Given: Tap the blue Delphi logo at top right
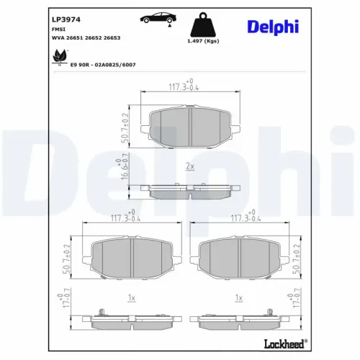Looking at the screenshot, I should [283, 27].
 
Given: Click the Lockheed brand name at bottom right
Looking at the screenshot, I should [280, 342].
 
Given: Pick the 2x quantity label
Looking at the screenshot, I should [190, 166].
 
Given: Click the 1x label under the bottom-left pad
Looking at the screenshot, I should [130, 297].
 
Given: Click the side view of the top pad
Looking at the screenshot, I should [190, 190].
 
